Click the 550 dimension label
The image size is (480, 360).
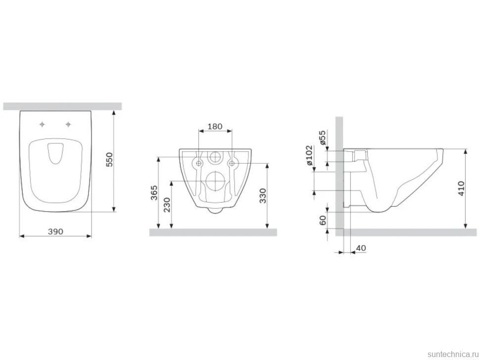[109, 159]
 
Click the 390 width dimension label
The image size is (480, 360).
[55, 231]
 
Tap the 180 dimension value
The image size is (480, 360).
[215, 126]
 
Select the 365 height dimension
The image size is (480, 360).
[154, 192]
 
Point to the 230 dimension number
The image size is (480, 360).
[167, 205]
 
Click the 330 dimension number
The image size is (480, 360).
[263, 196]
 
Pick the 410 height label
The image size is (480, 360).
[461, 188]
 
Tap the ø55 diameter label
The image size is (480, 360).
[322, 137]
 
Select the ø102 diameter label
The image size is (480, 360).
[310, 155]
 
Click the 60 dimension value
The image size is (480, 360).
[323, 220]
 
